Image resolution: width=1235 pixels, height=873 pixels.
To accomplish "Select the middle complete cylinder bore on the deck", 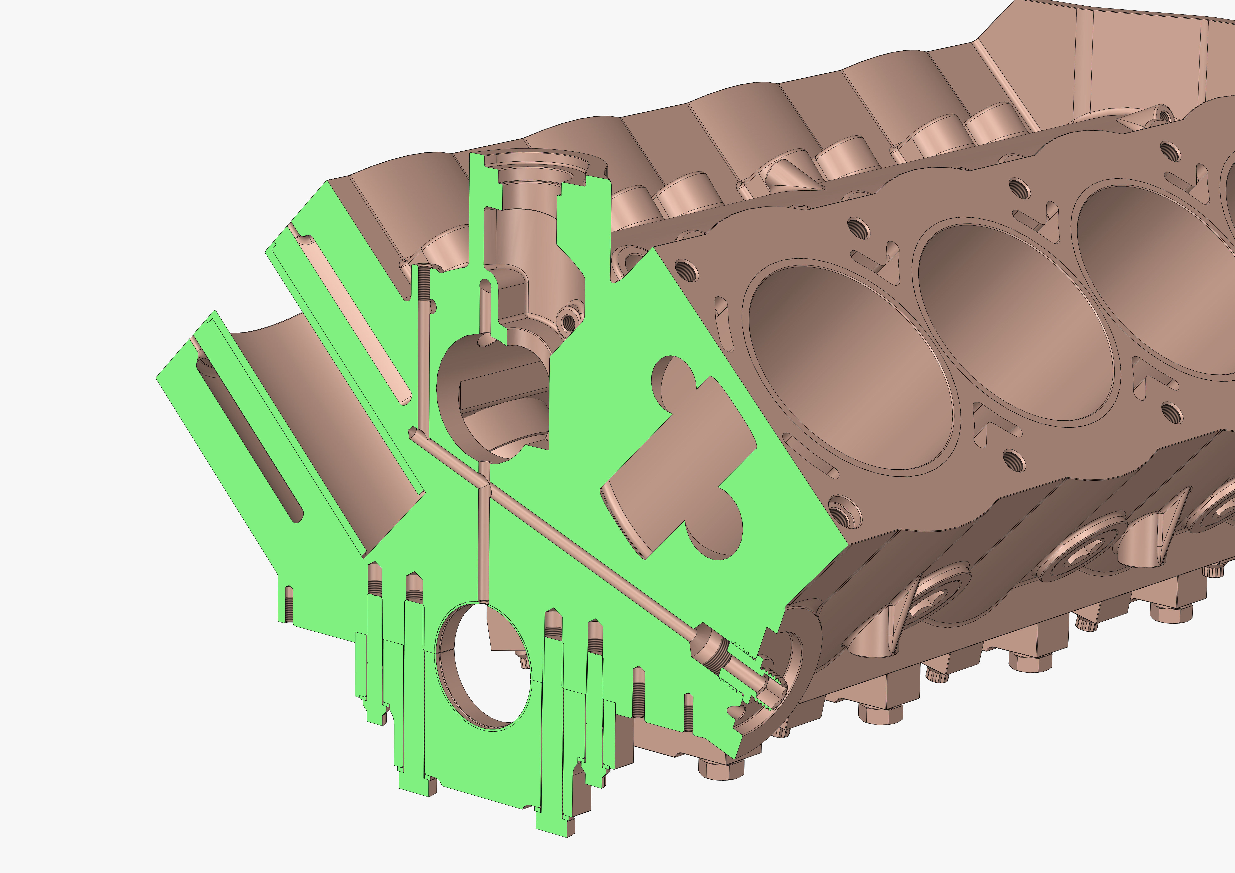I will [1014, 323].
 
